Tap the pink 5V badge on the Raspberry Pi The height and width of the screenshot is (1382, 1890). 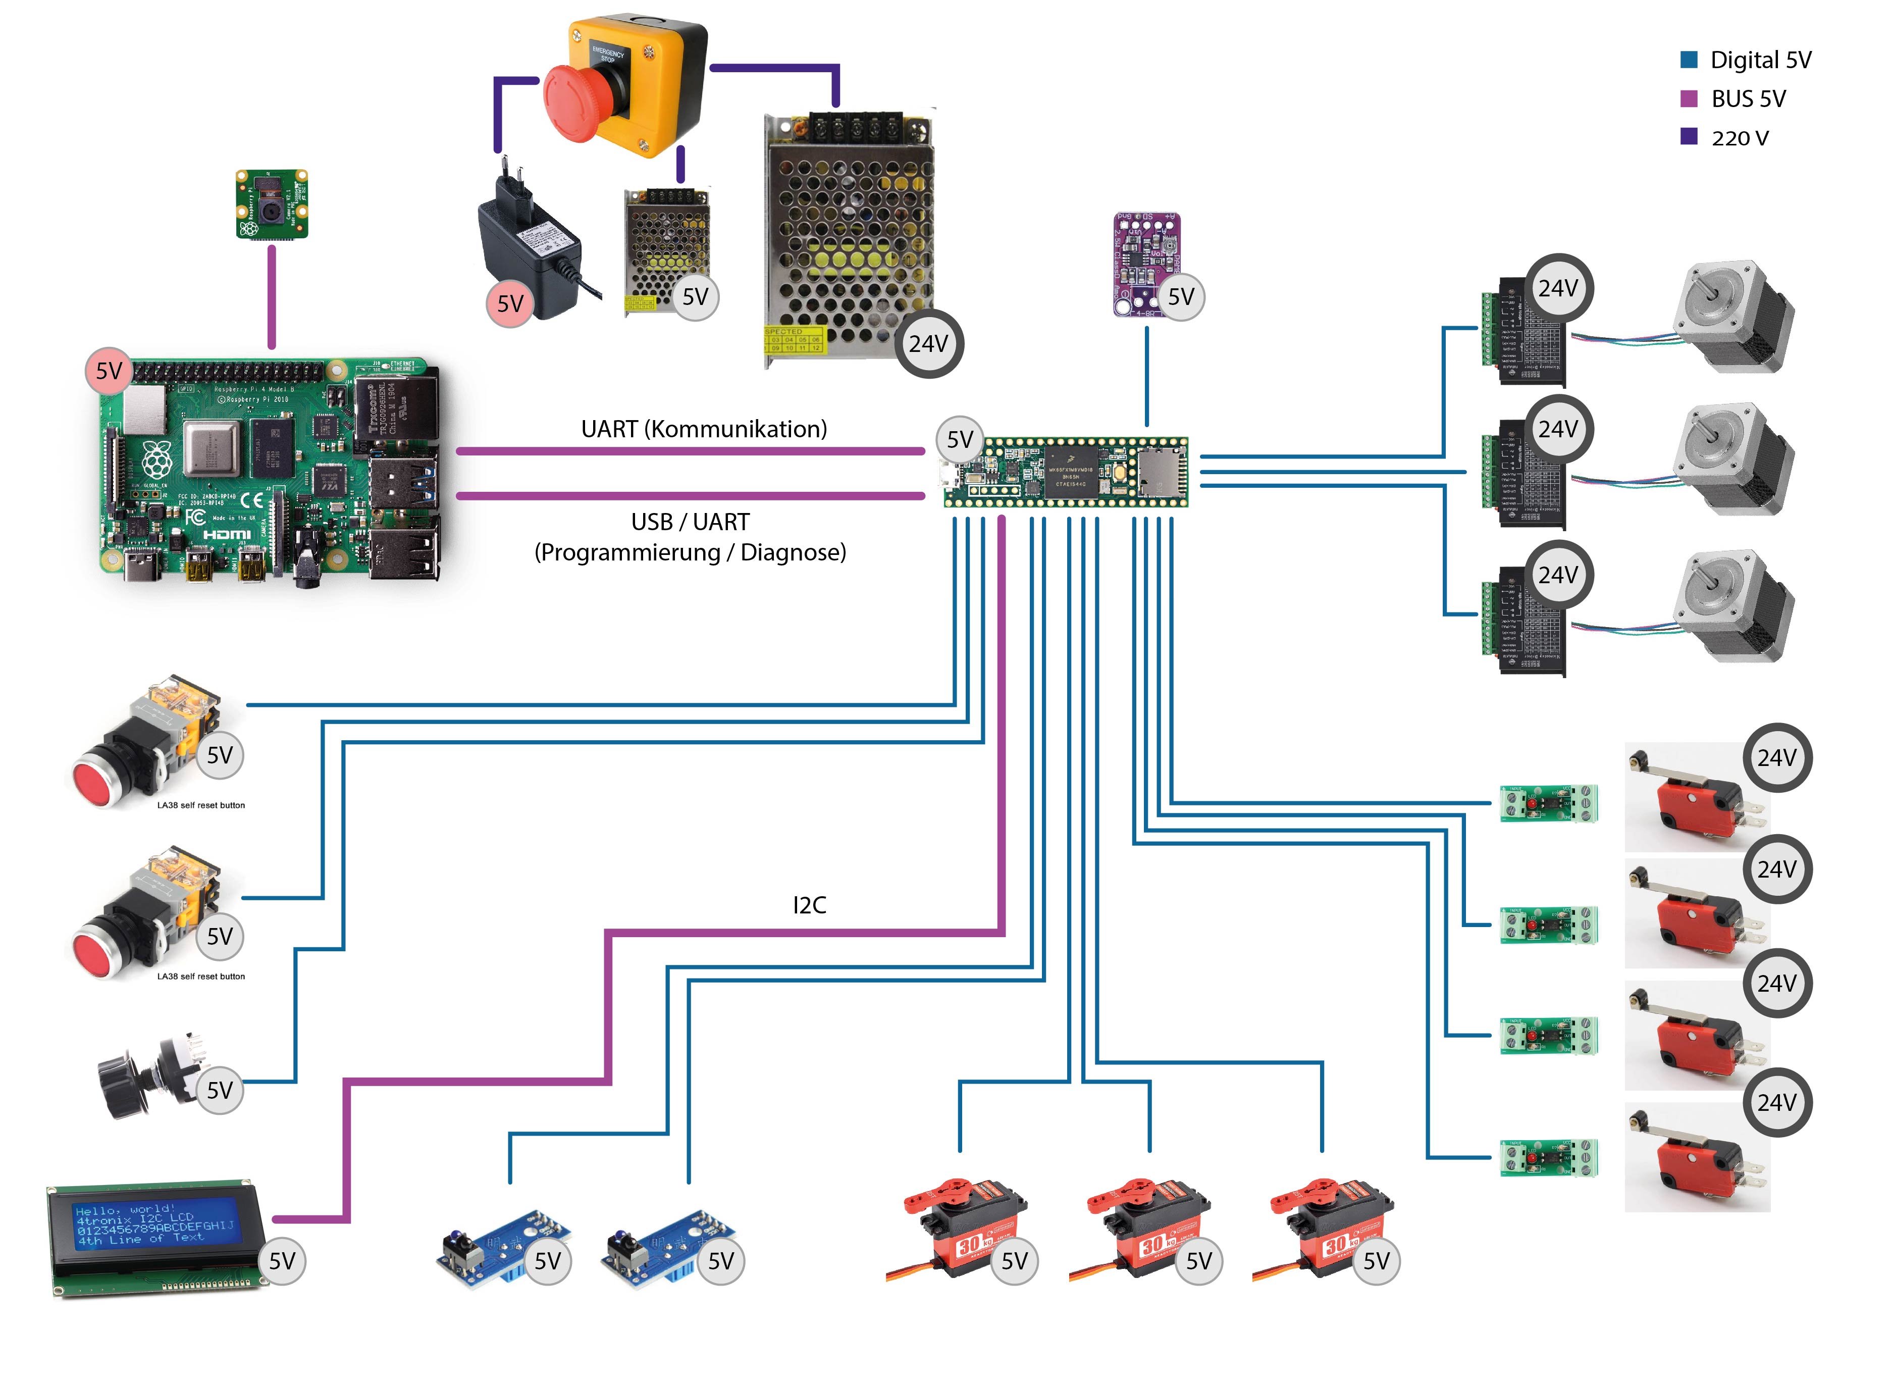(x=109, y=371)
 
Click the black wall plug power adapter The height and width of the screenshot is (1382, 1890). (x=531, y=247)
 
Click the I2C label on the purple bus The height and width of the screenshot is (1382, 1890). (x=809, y=905)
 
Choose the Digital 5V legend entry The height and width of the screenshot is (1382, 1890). (x=1760, y=60)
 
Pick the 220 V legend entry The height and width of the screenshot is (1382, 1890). (x=1740, y=138)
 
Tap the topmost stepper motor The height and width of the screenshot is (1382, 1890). (x=1731, y=318)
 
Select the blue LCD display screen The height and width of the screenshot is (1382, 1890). (x=154, y=1225)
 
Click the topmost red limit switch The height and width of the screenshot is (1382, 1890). (x=1694, y=799)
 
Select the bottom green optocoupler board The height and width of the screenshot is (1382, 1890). (x=1547, y=1159)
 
